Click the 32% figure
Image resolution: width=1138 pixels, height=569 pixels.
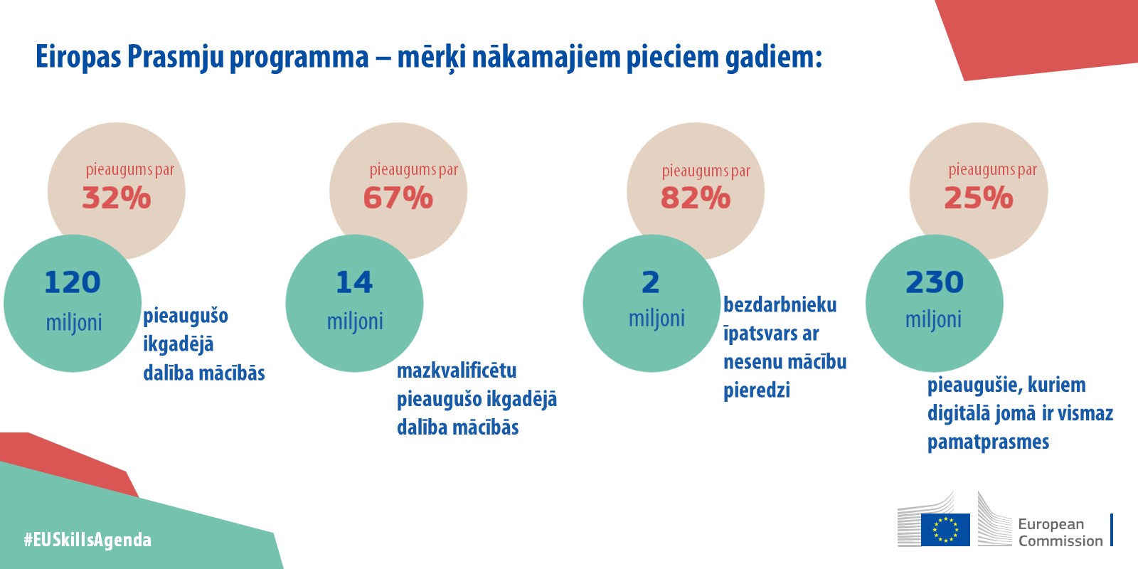pos(117,198)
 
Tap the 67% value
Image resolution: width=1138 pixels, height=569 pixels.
pos(398,198)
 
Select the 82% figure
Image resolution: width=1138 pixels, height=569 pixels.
pos(696,198)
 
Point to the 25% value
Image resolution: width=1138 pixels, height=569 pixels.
pos(979,198)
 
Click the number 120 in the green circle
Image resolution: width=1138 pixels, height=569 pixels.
pos(73,282)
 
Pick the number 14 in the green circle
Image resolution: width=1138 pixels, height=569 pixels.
pos(354,282)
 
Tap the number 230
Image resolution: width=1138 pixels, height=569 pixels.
pos(935,282)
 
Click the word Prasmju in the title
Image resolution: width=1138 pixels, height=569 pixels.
pos(175,57)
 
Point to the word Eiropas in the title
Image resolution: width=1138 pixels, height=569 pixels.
pos(78,57)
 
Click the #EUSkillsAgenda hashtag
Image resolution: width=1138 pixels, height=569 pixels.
pos(87,540)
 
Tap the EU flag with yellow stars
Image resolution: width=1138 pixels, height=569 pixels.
pos(945,529)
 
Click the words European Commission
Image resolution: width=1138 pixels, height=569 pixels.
pos(1060,533)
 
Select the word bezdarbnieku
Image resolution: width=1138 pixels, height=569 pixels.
pos(780,305)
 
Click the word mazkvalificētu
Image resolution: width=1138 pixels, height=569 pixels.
pos(457,371)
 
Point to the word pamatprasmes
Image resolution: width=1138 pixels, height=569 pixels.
pos(988,442)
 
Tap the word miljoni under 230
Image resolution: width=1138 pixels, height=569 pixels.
pos(933,319)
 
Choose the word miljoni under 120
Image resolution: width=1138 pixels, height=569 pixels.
pos(74,322)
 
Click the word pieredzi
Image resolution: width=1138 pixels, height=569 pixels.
pos(757,390)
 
